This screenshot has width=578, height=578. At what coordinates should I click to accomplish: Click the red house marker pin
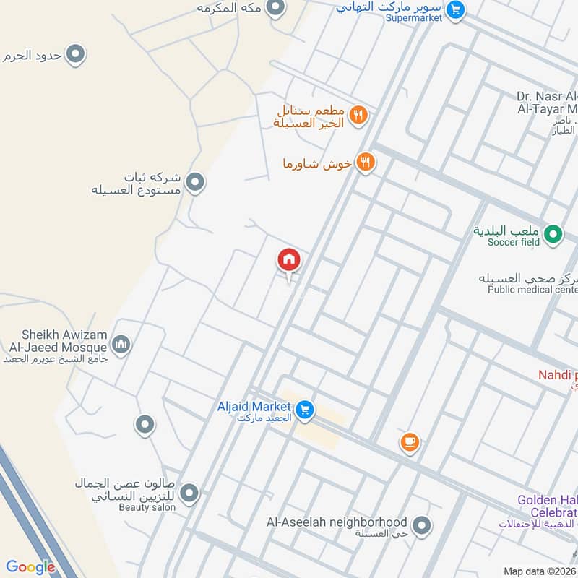pos(289,260)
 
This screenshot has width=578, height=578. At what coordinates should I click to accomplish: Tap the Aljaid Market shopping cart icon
pos(305,410)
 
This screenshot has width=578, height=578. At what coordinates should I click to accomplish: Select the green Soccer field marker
pos(553,233)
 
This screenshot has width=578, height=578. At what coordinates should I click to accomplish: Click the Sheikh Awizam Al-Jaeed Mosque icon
pos(121,345)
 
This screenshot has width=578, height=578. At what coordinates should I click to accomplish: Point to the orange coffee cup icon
pos(410,441)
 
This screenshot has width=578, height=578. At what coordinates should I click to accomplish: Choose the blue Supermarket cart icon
pos(454,9)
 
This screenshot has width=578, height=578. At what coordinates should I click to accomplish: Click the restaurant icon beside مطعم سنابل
pos(358,114)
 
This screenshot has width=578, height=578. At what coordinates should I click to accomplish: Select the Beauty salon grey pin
pos(189,493)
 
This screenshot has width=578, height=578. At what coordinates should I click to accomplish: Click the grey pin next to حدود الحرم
pos(75,54)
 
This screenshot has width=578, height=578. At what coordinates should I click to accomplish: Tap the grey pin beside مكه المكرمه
pos(275,9)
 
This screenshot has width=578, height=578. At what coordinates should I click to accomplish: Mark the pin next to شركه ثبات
pos(194,183)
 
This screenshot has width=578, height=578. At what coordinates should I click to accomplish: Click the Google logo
pos(30,567)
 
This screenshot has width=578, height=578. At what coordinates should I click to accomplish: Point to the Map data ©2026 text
pos(540,571)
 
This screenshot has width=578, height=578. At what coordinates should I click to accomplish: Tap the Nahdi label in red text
pos(558,375)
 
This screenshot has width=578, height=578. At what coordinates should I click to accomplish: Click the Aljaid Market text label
pos(254,407)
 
